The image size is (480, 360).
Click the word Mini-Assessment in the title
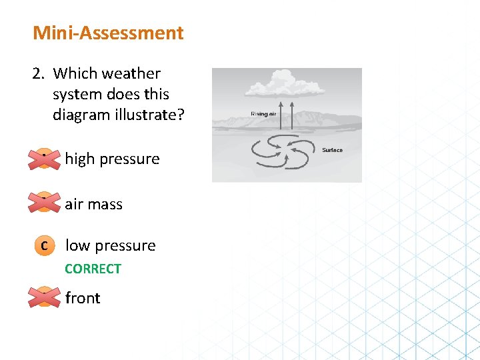coord(108,33)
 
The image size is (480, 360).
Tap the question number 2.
coord(37,74)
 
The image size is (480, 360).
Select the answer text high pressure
coord(112,159)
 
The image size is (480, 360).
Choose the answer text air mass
coord(93,204)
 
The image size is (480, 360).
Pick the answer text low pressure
coord(110,245)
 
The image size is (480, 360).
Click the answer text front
coord(83,298)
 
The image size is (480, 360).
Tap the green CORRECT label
coord(93,269)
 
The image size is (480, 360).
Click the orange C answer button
coord(43,245)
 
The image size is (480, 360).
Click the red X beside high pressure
coord(43,159)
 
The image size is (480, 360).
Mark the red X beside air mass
coord(43,201)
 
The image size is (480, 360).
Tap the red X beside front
coord(43,297)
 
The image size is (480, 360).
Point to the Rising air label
coord(263,114)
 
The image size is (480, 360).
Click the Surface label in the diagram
coord(332,150)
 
